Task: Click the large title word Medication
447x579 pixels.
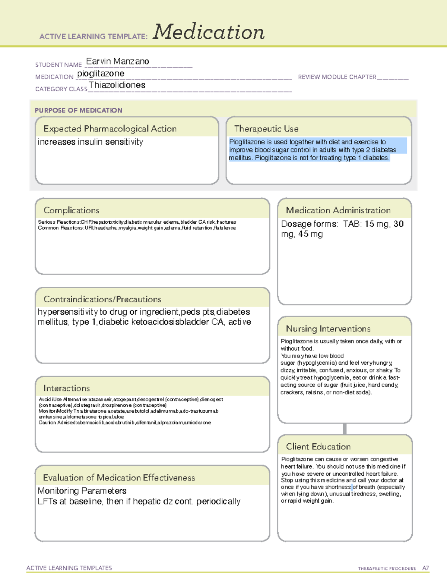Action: pyautogui.click(x=209, y=32)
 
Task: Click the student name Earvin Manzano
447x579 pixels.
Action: pyautogui.click(x=117, y=61)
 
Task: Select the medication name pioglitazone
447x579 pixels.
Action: pyautogui.click(x=101, y=73)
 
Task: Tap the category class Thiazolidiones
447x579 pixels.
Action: pyautogui.click(x=117, y=85)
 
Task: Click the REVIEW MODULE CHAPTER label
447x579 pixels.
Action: pyautogui.click(x=337, y=77)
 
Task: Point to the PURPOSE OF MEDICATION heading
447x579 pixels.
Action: pyautogui.click(x=78, y=110)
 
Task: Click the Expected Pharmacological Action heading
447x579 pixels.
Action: pyautogui.click(x=110, y=129)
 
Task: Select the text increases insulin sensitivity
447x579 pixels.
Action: pyautogui.click(x=90, y=142)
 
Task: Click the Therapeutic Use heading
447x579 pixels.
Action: pyautogui.click(x=266, y=129)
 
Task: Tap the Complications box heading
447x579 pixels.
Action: pyautogui.click(x=71, y=210)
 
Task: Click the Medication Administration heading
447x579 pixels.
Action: pyautogui.click(x=338, y=210)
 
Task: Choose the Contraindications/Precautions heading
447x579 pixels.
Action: pyautogui.click(x=102, y=299)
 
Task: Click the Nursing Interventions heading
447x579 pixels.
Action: pyautogui.click(x=328, y=329)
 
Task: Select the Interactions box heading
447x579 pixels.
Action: pyautogui.click(x=66, y=388)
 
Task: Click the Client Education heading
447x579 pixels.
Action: pyautogui.click(x=318, y=447)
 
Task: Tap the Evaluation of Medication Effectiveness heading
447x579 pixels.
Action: pyautogui.click(x=119, y=478)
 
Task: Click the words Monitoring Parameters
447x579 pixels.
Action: pyautogui.click(x=82, y=491)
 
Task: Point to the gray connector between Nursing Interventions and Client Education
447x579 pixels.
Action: pyautogui.click(x=345, y=429)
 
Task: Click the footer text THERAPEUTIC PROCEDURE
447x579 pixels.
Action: pyautogui.click(x=387, y=569)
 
